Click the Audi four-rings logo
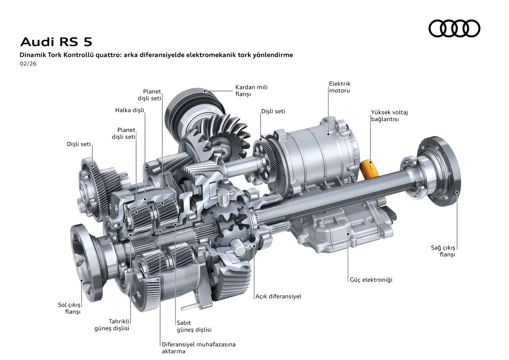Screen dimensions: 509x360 click(454, 28)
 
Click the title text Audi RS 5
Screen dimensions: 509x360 click(56, 42)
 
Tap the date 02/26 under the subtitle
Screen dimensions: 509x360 click(28, 64)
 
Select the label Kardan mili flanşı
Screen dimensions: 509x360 click(251, 90)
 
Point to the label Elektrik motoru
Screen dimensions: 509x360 click(340, 87)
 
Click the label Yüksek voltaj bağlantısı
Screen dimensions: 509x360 click(389, 116)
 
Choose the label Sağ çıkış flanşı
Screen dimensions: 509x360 click(443, 251)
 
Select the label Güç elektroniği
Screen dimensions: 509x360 click(371, 280)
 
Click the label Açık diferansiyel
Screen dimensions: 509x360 click(278, 296)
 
